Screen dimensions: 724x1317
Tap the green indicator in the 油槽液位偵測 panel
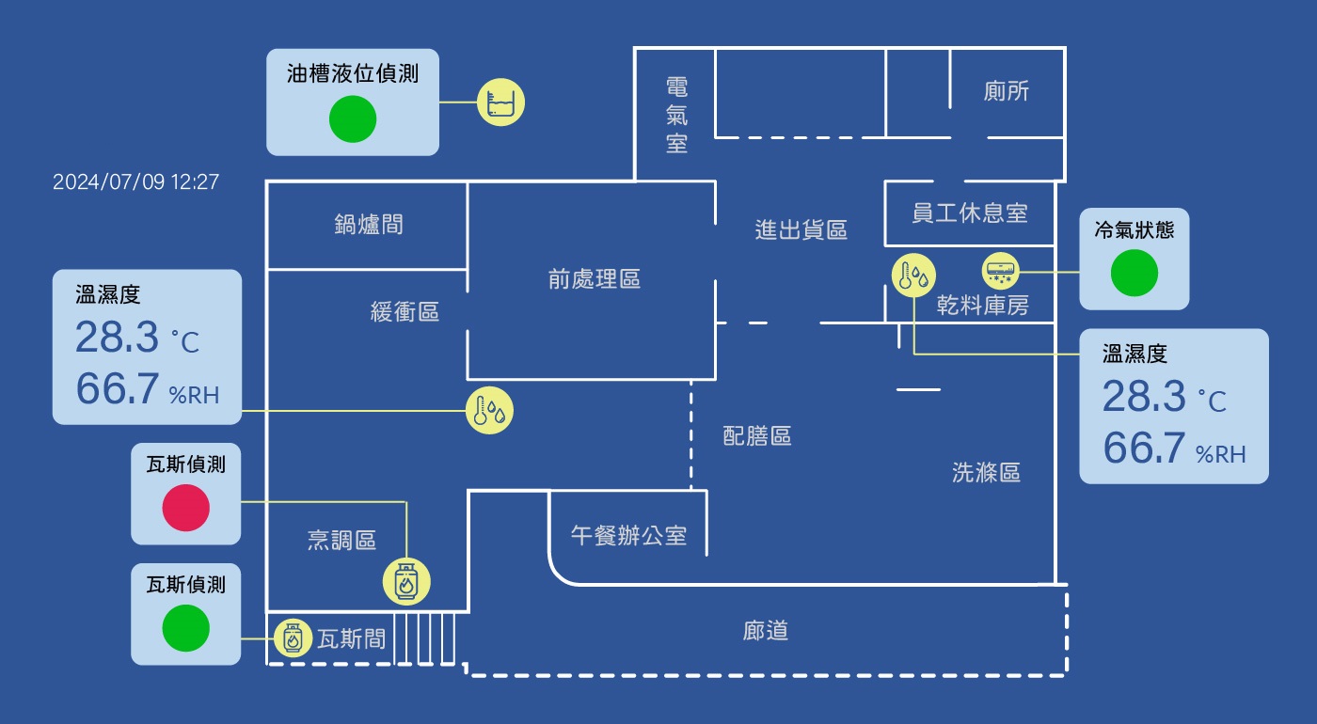pos(353,119)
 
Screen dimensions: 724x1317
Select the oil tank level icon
pos(500,102)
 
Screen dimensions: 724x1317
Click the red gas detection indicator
pos(185,509)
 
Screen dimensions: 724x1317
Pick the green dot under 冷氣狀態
pos(1134,274)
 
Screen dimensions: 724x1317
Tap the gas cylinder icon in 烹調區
pos(406,581)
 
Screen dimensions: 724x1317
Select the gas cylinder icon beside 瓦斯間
pos(293,638)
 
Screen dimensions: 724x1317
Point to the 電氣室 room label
pos(676,115)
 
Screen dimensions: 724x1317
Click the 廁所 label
pos(1006,92)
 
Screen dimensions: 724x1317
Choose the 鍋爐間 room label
pos(368,224)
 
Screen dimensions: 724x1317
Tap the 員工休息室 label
pos(969,212)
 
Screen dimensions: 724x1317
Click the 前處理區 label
pos(594,278)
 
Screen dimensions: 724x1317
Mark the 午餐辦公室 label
pos(628,536)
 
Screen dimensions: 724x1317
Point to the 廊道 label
pos(765,631)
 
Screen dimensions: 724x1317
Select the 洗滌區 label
pos(986,472)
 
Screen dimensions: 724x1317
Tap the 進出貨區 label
pos(801,229)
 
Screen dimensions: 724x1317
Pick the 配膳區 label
pos(756,435)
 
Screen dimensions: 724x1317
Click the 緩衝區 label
pos(405,311)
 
